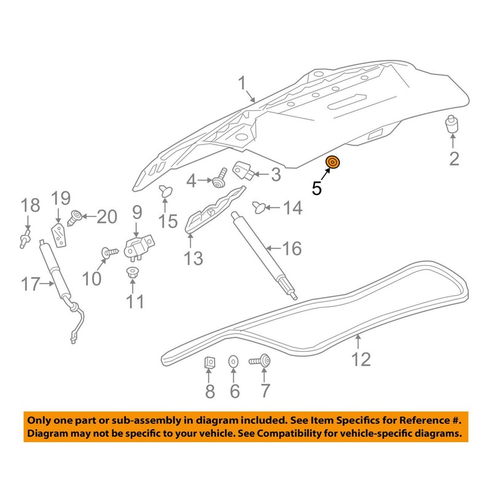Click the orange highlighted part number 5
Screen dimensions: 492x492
click(333, 162)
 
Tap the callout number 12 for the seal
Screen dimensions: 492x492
click(361, 359)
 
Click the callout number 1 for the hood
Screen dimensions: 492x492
click(242, 84)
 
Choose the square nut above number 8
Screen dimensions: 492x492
click(210, 362)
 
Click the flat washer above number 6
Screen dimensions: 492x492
click(233, 362)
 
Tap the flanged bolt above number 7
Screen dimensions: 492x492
click(260, 361)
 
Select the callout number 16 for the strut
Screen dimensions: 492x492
click(292, 248)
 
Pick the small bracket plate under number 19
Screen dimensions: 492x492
click(59, 235)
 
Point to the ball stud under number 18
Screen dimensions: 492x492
click(25, 239)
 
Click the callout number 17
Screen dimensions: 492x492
click(31, 284)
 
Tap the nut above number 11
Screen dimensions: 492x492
click(132, 273)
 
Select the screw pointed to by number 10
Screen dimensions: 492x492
click(110, 252)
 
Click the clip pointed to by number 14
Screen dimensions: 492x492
click(259, 207)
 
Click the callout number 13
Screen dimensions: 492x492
click(193, 258)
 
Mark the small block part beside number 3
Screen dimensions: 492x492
click(244, 171)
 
